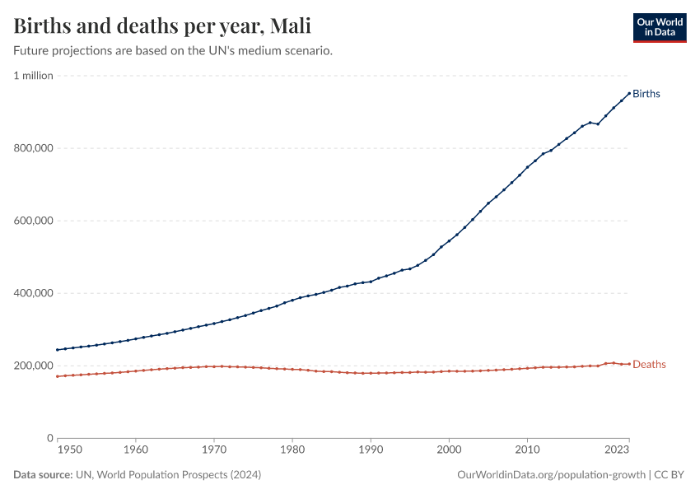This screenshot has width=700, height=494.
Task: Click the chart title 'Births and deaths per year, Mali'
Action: (162, 26)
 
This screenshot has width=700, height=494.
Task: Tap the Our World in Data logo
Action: (659, 27)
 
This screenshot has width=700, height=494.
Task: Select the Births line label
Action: (646, 94)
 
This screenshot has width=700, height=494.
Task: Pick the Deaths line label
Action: (649, 365)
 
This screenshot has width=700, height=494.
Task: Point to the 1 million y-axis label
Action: (33, 76)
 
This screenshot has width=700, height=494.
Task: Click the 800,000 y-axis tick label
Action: (33, 148)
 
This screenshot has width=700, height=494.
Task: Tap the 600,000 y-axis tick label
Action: (33, 221)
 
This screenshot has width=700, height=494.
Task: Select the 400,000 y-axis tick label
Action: (33, 293)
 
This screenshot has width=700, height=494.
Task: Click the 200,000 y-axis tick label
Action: (33, 366)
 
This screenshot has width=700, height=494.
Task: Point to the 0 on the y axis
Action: (49, 438)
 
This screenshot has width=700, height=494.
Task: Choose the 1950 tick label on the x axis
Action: (69, 450)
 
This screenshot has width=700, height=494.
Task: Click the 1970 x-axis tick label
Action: (214, 450)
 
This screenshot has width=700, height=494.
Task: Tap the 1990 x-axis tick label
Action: (371, 450)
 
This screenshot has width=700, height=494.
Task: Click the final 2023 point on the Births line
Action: (629, 93)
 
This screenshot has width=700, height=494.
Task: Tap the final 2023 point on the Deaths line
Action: (629, 364)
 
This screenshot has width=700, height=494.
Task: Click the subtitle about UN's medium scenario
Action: (173, 51)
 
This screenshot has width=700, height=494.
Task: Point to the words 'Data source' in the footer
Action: (41, 475)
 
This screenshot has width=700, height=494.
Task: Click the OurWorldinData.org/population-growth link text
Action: (550, 475)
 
